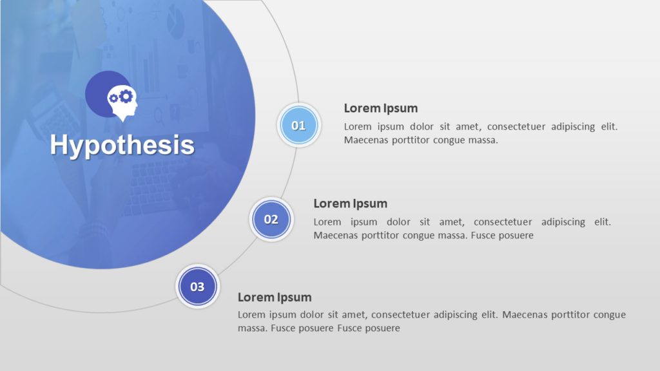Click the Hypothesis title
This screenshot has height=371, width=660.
pos(122,145)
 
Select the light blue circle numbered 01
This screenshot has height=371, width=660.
pos(298,126)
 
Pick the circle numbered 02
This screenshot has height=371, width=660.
pos(271,220)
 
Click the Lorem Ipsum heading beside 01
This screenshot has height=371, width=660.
pos(380,108)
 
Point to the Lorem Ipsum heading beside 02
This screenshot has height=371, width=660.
pos(350,204)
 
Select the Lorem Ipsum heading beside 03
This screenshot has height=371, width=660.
pos(275,298)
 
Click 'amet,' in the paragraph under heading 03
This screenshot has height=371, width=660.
pos(353,315)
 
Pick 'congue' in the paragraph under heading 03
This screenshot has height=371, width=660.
pos(609,315)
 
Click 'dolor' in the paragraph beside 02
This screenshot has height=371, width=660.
pos(398,222)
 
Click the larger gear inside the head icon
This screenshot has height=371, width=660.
pos(126,96)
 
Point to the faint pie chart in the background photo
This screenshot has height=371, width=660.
pos(175,24)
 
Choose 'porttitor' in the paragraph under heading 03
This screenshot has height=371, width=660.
pos(565,315)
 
